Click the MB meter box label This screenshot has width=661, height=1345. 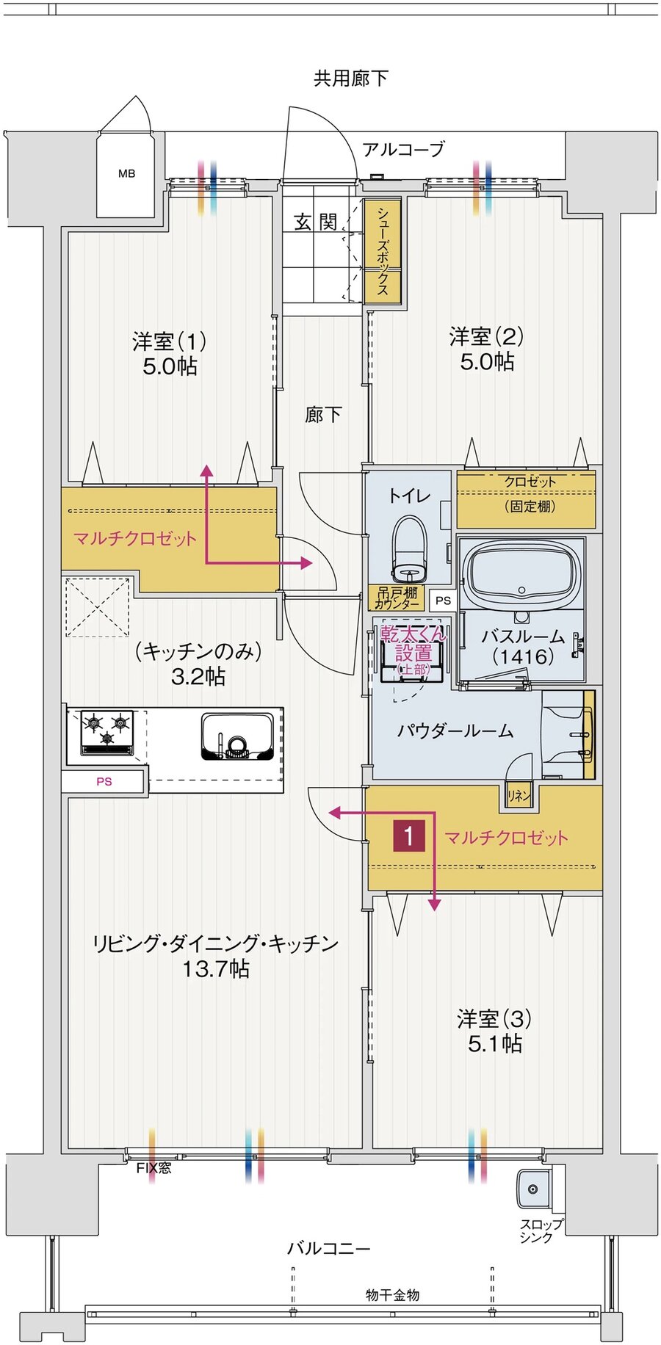point(126,174)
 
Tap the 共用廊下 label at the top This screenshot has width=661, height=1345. point(350,79)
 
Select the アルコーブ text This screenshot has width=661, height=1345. point(403,150)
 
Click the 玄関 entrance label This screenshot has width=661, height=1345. point(316,222)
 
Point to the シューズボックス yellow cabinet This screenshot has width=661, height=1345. point(383,251)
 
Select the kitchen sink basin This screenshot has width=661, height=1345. point(237,737)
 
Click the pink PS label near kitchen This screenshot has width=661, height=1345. point(104,781)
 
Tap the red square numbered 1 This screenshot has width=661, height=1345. point(409,835)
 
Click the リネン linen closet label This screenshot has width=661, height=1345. point(519,796)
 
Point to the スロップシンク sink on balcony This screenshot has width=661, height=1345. point(534,1189)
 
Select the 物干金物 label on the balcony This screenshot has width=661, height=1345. point(392,1295)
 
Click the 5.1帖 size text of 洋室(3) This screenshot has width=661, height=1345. point(494,1043)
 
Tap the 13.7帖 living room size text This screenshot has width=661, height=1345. point(216,969)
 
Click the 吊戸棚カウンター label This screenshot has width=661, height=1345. point(397,598)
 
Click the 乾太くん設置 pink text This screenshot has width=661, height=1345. point(413,643)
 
